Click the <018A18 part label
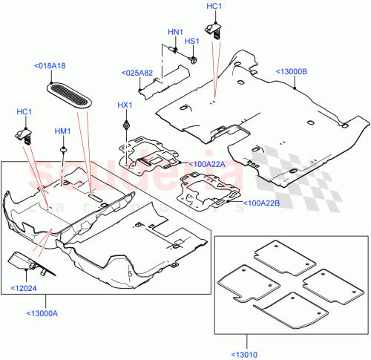49,66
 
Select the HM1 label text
62,131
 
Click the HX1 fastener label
125,105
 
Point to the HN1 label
175,32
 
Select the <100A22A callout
206,164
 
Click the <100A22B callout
261,201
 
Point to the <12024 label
23,288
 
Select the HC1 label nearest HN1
214,6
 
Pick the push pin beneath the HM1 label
65,151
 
